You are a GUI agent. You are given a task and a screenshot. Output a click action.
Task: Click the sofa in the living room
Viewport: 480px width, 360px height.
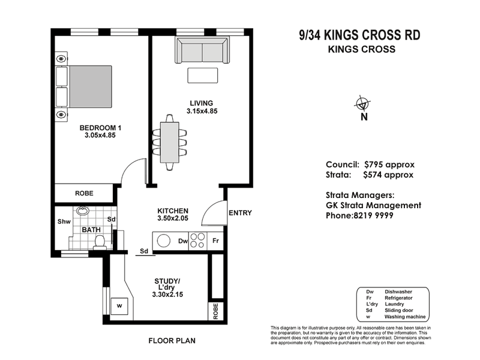(x=202, y=50)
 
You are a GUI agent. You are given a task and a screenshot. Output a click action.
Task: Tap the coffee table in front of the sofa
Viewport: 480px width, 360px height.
(x=202, y=76)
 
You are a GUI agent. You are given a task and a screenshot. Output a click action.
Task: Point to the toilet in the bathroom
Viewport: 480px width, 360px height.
(x=100, y=241)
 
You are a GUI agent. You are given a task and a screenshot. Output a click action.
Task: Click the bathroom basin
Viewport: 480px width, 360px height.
(x=83, y=211)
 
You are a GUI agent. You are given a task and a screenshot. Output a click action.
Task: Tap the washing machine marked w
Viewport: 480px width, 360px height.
(x=119, y=304)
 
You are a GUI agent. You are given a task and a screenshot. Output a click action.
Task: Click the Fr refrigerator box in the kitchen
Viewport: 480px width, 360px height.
(x=215, y=241)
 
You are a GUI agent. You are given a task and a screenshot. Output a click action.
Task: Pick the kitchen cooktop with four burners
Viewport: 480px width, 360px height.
(x=199, y=241)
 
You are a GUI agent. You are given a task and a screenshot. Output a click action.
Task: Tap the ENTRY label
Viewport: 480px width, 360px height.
(x=240, y=213)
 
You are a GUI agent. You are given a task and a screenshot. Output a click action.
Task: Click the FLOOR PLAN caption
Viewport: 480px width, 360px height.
(x=172, y=341)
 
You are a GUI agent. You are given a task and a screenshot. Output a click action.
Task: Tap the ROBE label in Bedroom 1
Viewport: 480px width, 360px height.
(x=83, y=194)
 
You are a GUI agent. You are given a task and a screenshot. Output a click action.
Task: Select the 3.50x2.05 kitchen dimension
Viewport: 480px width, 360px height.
(x=173, y=220)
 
